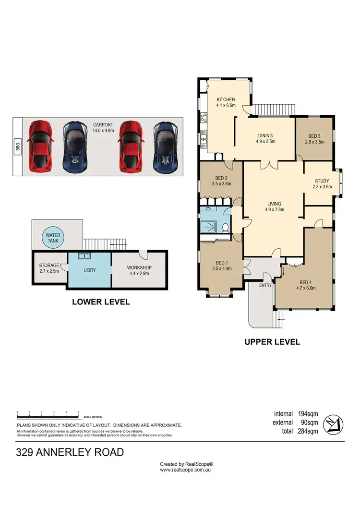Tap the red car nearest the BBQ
pos(40,146)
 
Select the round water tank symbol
pos(53,238)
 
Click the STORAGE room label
pos(49,265)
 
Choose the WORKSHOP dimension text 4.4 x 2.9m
pos(139,274)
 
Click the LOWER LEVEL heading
pos(101,302)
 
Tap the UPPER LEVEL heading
pos(272,342)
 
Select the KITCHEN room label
pos(226,99)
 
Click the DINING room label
pos(265,135)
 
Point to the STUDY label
pos(322,181)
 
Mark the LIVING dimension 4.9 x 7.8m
pos(274,209)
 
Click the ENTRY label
pos(265,285)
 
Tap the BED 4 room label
pos(306,282)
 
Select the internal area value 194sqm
pos(308,413)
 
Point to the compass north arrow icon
pos(335,423)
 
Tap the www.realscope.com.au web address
pos(186,470)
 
